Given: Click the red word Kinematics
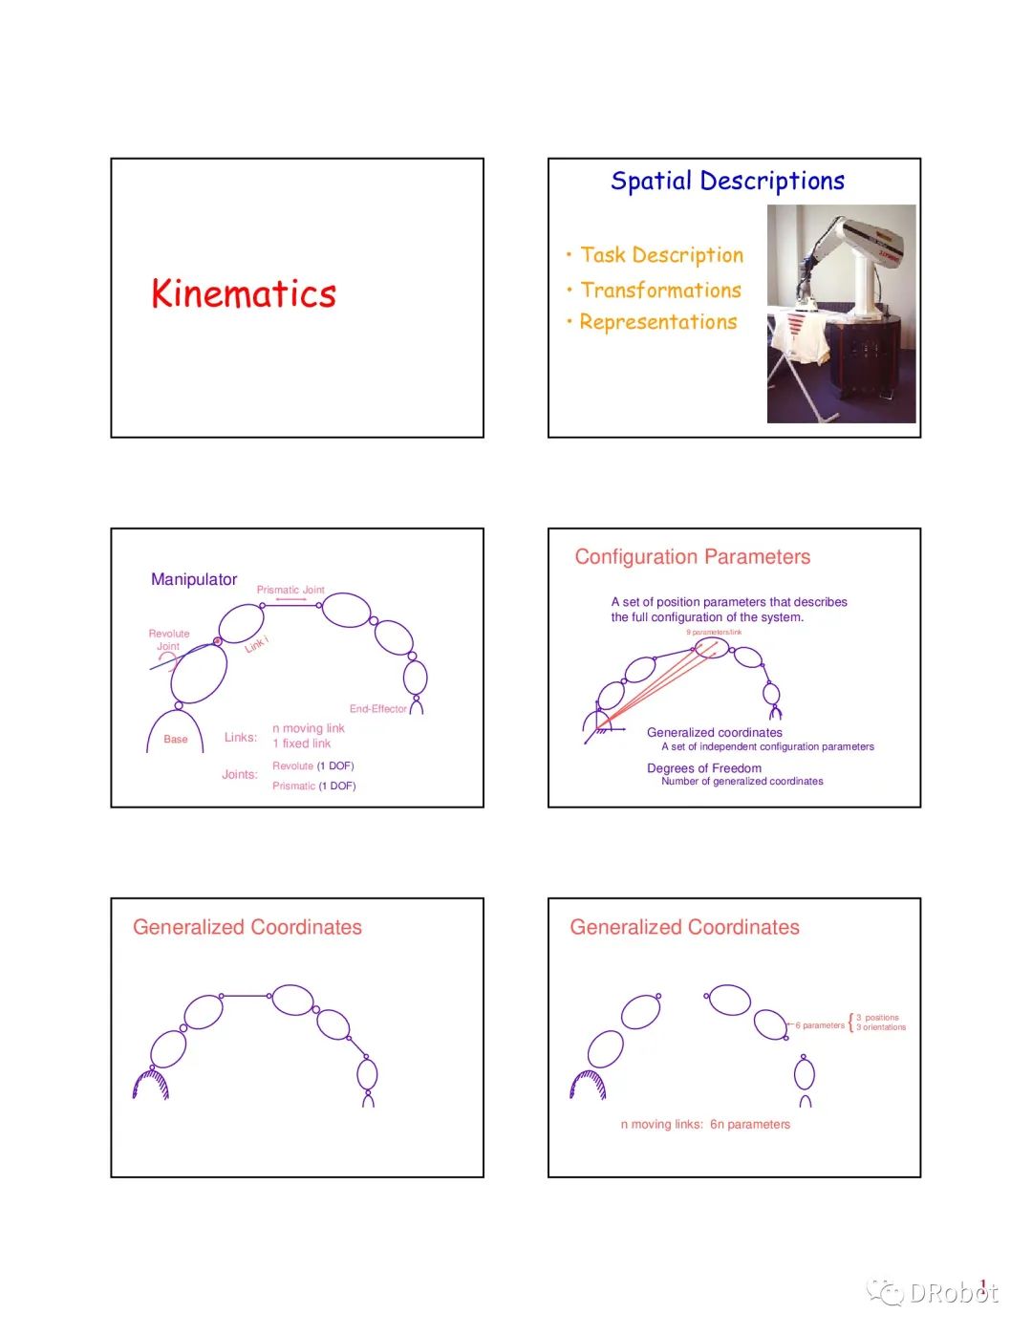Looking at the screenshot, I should [x=244, y=293].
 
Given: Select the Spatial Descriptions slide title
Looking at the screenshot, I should [x=727, y=181].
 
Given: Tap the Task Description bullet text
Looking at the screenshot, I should [x=661, y=255].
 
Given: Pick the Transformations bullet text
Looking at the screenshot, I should [x=660, y=290].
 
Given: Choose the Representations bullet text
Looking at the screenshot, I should [x=657, y=322].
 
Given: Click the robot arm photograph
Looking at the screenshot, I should [x=841, y=313].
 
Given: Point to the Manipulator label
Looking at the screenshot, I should [x=194, y=579].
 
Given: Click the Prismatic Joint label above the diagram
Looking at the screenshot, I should [x=290, y=590].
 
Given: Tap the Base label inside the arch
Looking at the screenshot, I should [x=176, y=739].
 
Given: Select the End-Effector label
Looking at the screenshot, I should [x=377, y=709].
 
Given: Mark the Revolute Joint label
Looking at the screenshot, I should [x=169, y=639].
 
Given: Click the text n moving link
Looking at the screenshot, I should [x=309, y=728].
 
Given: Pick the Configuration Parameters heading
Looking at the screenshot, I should [x=692, y=557].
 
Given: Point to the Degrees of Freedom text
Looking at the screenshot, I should [x=704, y=768].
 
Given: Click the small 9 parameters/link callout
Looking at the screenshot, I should [x=714, y=633].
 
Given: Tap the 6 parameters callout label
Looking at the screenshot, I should [x=820, y=1025].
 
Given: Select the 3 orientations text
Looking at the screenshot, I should [x=881, y=1027].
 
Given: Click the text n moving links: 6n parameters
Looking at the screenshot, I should [x=705, y=1124].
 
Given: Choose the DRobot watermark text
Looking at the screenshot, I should [x=953, y=1293].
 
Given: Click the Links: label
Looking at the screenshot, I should [x=241, y=737].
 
